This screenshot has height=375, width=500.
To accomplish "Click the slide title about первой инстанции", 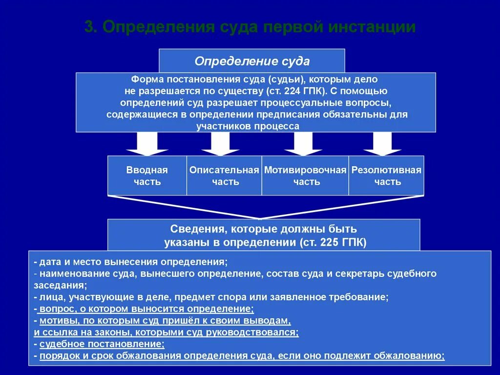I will tap(250, 27).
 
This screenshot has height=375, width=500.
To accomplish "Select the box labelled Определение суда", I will tap(252, 61).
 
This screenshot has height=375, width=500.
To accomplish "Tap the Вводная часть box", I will tap(147, 176).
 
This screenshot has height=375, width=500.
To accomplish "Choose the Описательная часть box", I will tap(224, 176).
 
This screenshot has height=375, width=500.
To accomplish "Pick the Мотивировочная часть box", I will tap(305, 176).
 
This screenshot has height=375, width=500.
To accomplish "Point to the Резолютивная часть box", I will tap(386, 176).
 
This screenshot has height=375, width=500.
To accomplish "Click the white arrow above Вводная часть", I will tap(147, 144).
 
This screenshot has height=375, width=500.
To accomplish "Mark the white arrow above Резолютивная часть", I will tap(382, 144).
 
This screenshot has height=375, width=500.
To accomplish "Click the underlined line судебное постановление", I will tap(102, 344).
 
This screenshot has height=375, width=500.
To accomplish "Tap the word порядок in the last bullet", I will tap(58, 356).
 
